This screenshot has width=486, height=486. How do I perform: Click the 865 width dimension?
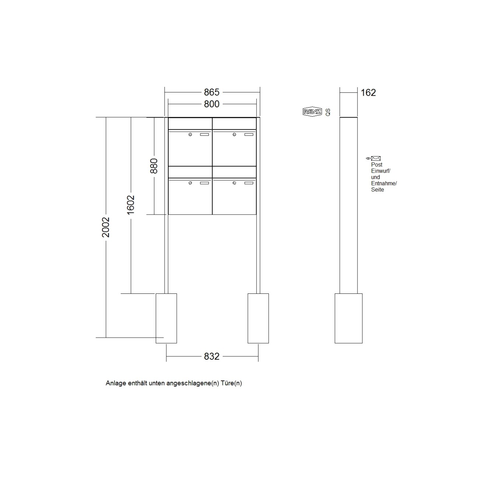(x=212, y=92)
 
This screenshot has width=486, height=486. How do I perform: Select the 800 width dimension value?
(x=212, y=104)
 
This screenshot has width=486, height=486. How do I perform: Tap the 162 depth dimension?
(x=368, y=92)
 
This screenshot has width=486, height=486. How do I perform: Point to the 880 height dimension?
(x=154, y=166)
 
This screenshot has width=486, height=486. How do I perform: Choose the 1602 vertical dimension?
(x=131, y=205)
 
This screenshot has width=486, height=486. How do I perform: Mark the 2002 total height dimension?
(x=106, y=227)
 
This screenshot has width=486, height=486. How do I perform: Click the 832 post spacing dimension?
(x=212, y=356)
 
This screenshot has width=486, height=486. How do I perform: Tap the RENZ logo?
(x=312, y=112)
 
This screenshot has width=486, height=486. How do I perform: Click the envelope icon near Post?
(x=376, y=158)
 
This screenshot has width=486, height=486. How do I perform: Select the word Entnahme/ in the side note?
(x=384, y=183)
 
